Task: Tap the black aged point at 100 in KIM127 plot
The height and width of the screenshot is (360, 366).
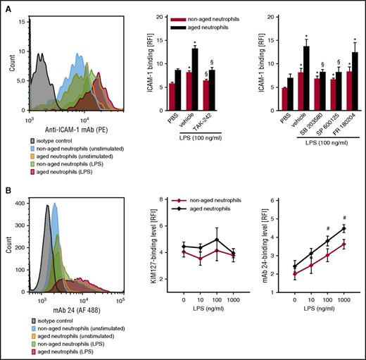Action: (222, 240)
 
